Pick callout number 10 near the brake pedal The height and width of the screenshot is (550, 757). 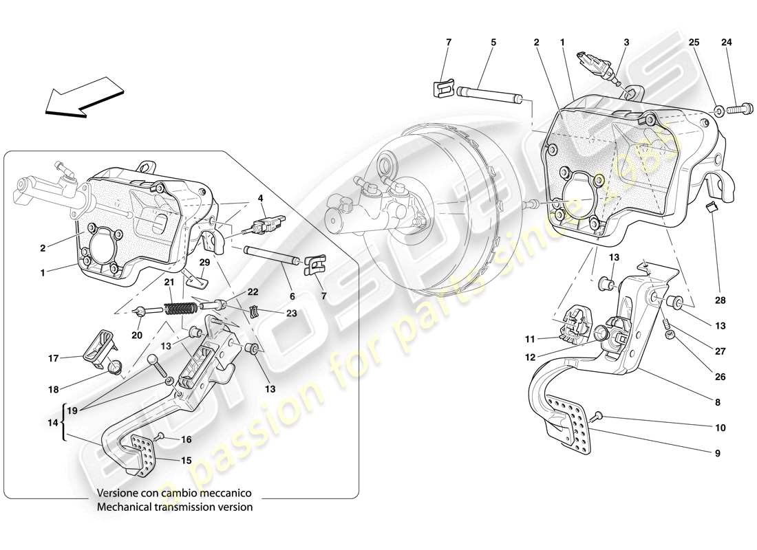pyautogui.click(x=721, y=428)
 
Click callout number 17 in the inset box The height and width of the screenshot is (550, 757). pyautogui.click(x=53, y=357)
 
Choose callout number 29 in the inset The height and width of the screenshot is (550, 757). pyautogui.click(x=204, y=263)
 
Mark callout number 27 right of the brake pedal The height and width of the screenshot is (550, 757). pyautogui.click(x=720, y=351)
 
